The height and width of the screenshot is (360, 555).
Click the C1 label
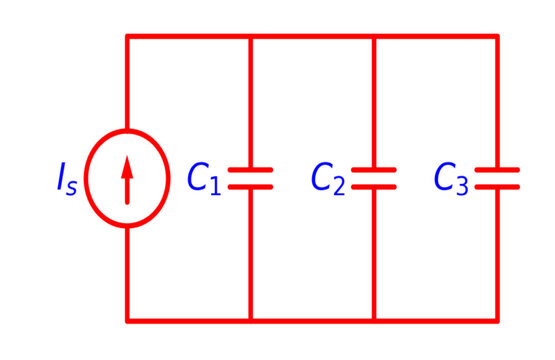[204, 179]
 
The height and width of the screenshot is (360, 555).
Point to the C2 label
[328, 179]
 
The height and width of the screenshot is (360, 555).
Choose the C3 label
[451, 179]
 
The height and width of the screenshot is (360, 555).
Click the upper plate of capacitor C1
[250, 171]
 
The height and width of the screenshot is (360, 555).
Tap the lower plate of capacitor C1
[250, 187]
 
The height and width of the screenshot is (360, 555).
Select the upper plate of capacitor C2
[374, 171]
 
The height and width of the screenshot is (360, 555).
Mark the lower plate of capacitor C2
[374, 187]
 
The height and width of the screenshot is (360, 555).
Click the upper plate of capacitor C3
[497, 171]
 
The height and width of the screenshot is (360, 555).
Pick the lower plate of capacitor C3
[497, 187]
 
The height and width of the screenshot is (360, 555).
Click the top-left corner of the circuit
[127, 37]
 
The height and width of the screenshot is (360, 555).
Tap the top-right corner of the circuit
[497, 37]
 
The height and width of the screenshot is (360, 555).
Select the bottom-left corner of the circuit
[127, 321]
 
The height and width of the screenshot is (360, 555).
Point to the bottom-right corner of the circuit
[497, 321]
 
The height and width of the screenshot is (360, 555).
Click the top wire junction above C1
[250, 37]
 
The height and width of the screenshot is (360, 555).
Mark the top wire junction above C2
[374, 37]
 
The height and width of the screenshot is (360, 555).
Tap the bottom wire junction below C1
[250, 321]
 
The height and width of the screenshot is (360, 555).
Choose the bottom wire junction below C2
[374, 321]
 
